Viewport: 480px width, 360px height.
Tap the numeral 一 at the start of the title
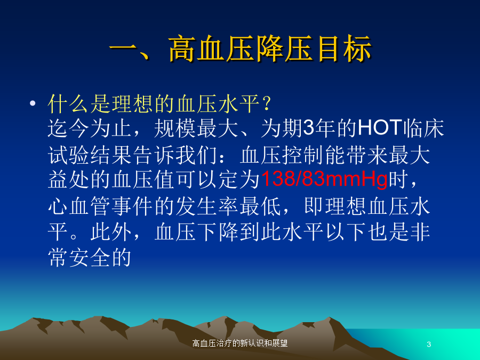(x=122, y=49)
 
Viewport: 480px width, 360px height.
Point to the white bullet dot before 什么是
(x=33, y=103)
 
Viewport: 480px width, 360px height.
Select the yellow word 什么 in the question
(x=69, y=103)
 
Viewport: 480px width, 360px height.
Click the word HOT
(x=380, y=127)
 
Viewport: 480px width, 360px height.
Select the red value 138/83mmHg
(x=324, y=179)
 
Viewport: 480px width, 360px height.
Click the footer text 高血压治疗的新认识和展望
(x=240, y=343)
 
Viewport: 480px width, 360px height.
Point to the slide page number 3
(x=429, y=344)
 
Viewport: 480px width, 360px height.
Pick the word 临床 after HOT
(x=423, y=128)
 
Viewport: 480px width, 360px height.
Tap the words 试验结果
(x=90, y=155)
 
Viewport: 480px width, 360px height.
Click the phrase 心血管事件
(x=101, y=206)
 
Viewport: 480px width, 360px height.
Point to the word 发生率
(x=207, y=206)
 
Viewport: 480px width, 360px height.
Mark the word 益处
(x=69, y=180)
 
